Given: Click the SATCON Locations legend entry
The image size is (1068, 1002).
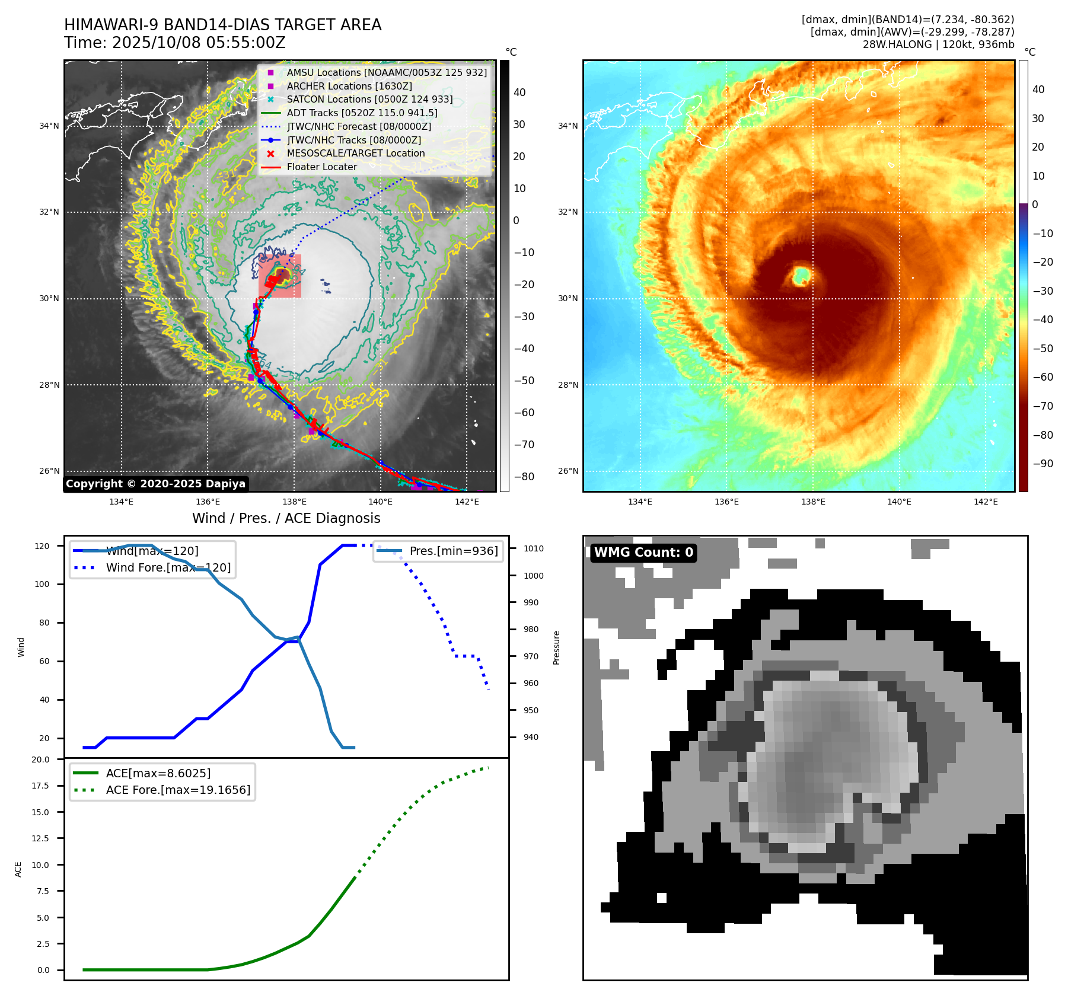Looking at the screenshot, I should tap(369, 100).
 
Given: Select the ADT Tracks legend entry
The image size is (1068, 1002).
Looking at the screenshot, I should tap(362, 113).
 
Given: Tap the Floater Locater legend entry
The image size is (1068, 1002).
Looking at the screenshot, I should tap(321, 167).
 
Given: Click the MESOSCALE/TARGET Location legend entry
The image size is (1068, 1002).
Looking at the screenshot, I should tap(355, 154).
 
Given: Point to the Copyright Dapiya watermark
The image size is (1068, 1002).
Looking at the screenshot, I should tap(155, 484).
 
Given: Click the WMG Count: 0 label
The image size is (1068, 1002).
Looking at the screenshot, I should tap(643, 553).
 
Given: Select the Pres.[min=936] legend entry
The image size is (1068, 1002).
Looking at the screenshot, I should tap(453, 551).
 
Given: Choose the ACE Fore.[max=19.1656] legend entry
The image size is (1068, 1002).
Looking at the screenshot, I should tap(178, 790).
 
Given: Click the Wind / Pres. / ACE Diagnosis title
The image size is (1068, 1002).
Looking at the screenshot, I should tap(286, 519).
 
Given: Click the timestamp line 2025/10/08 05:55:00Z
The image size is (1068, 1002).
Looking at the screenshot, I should tap(175, 43).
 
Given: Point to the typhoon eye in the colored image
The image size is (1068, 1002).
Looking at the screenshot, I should tap(802, 275).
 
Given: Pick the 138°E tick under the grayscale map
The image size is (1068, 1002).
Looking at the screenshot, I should tap(294, 502).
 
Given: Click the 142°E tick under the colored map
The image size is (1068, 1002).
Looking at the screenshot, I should tap(986, 502).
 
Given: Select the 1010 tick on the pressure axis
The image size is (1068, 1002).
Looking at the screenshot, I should tap(533, 549).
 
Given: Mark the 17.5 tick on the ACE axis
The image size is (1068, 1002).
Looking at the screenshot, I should tap(40, 786).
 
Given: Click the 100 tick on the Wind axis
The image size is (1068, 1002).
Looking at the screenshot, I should tap(42, 585).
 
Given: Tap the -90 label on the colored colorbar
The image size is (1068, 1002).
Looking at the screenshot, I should tap(1043, 464).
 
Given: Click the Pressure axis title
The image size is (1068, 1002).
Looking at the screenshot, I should tap(557, 647).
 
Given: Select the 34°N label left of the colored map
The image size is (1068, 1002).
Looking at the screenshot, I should tap(568, 126).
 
